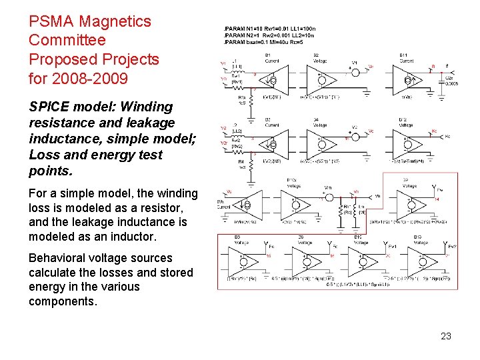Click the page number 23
coord(446,336)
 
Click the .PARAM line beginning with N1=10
coord(270,29)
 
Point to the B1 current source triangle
coord(273,79)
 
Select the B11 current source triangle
coord(407,79)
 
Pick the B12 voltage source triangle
coord(407,142)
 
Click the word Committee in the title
coord(67,40)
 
